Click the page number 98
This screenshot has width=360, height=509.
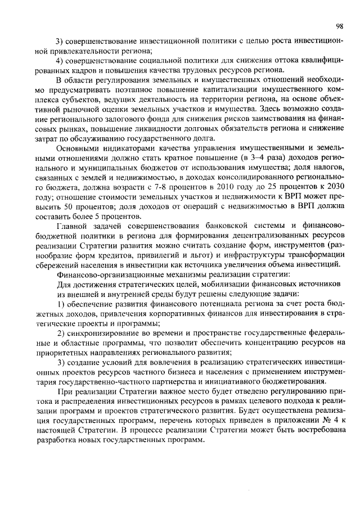[340, 26]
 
